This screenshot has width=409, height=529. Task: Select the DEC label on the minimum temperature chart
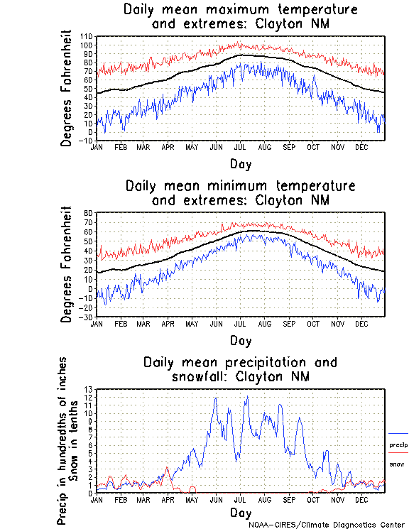point(361,323)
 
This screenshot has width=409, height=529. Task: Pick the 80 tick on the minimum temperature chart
point(89,213)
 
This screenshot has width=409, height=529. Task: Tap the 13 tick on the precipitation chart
point(89,389)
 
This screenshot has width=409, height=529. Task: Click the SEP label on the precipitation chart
point(289,499)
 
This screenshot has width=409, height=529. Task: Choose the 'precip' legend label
point(398,445)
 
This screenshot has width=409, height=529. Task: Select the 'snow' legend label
point(396,464)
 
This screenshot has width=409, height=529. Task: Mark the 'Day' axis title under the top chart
point(240,163)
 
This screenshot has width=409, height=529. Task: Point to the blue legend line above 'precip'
point(398,433)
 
